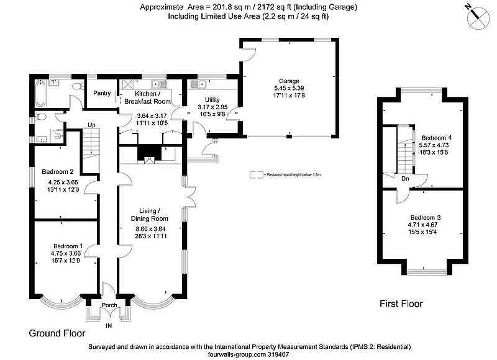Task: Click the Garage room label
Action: click(x=289, y=81)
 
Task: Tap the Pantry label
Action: click(x=102, y=93)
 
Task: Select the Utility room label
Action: click(x=212, y=100)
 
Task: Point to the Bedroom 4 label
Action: click(x=437, y=138)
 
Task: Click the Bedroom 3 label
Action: click(x=426, y=217)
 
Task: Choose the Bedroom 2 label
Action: click(x=58, y=171)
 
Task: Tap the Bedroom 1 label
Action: click(x=68, y=246)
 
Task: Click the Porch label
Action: click(x=109, y=305)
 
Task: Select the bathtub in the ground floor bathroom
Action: click(x=40, y=92)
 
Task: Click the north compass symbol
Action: click(x=478, y=18)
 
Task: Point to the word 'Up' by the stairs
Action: click(x=91, y=125)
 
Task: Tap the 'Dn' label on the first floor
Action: click(x=405, y=179)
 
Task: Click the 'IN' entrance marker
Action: click(x=109, y=325)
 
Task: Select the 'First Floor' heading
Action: click(x=401, y=304)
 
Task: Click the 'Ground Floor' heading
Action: click(x=57, y=333)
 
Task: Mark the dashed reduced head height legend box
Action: click(x=257, y=175)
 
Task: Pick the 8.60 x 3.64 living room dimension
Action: click(x=150, y=228)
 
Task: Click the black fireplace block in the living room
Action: click(x=149, y=153)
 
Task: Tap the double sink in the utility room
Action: click(x=198, y=84)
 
